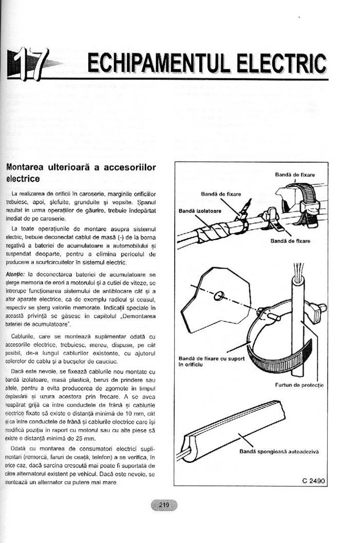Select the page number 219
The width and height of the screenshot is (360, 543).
[x=164, y=505]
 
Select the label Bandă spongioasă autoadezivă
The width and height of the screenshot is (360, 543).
[x=279, y=452]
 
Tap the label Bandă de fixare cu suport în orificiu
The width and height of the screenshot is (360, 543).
[x=211, y=361]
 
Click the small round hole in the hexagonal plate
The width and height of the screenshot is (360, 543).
[x=218, y=296]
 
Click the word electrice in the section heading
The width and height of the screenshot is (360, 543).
[x=23, y=180]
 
